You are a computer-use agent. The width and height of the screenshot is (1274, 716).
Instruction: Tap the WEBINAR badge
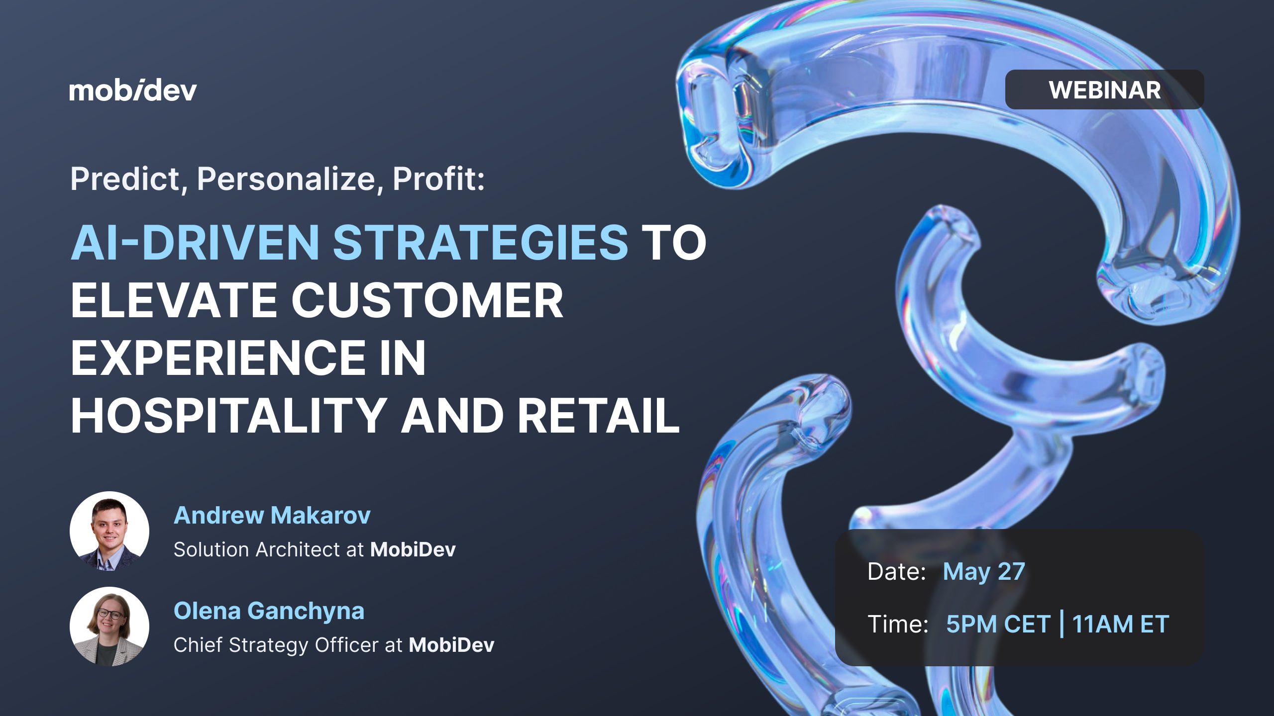coord(1104,89)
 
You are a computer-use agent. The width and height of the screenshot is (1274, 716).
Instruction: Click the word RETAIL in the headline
coord(599,416)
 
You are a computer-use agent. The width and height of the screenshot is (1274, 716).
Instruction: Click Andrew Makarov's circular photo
coord(109,531)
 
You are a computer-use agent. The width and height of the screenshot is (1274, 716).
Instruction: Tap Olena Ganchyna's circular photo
coord(109,626)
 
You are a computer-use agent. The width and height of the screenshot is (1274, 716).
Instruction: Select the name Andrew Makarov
coord(272,515)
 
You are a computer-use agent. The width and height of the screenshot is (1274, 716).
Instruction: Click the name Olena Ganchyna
coord(269,612)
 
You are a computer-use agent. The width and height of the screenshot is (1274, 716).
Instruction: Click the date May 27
coord(984,572)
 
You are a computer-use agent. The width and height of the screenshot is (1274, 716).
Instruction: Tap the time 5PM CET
coord(998,624)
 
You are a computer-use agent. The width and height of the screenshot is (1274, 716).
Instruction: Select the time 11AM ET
coord(1120,624)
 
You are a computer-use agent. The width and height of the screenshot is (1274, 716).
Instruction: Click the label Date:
coord(896,572)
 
